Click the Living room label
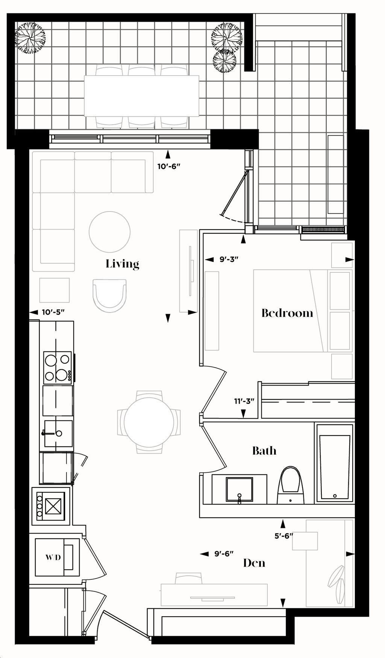pyautogui.click(x=122, y=264)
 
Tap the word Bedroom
pyautogui.click(x=287, y=313)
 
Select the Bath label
pyautogui.click(x=264, y=450)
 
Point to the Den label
pyautogui.click(x=254, y=563)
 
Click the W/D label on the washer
pyautogui.click(x=53, y=557)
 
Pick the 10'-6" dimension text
pyautogui.click(x=169, y=166)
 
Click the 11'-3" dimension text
pyautogui.click(x=244, y=401)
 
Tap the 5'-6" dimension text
pyautogui.click(x=283, y=536)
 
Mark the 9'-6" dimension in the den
pyautogui.click(x=224, y=554)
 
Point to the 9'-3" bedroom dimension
pyautogui.click(x=229, y=259)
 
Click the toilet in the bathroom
pyautogui.click(x=290, y=485)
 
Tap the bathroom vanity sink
pyautogui.click(x=239, y=489)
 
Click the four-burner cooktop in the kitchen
pyautogui.click(x=58, y=367)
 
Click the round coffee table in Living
pyautogui.click(x=110, y=232)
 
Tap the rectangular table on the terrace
pyautogui.click(x=141, y=96)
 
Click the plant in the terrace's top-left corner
pyautogui.click(x=30, y=38)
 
